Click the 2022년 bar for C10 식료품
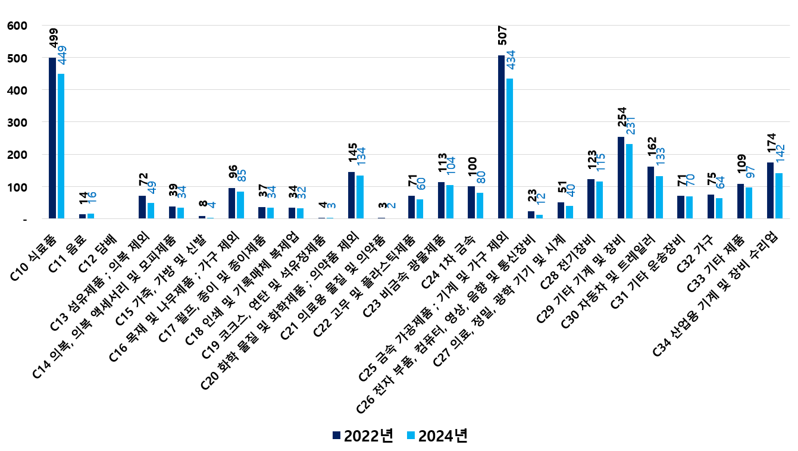[x=52, y=138]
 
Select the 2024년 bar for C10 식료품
[x=61, y=146]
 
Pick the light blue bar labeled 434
[x=509, y=149]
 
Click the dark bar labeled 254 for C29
[x=621, y=178]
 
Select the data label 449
[x=62, y=55]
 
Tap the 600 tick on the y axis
[x=14, y=26]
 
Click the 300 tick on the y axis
[x=14, y=123]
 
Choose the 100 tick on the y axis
[x=14, y=187]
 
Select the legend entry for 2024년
[x=437, y=436]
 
